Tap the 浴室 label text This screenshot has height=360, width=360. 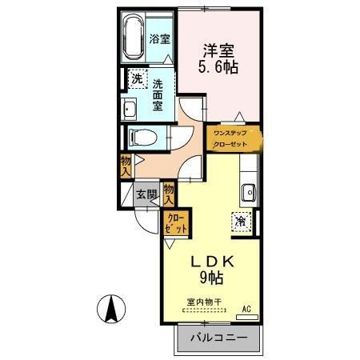(x=159, y=38)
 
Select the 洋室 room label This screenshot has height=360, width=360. (x=218, y=49)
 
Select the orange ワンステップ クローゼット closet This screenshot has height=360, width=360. (x=231, y=138)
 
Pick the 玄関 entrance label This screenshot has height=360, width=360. (x=145, y=194)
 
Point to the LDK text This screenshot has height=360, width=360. (x=210, y=260)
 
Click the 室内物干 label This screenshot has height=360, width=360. (x=204, y=303)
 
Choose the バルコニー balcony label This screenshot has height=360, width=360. (x=218, y=337)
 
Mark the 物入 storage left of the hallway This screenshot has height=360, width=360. (x=126, y=166)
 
